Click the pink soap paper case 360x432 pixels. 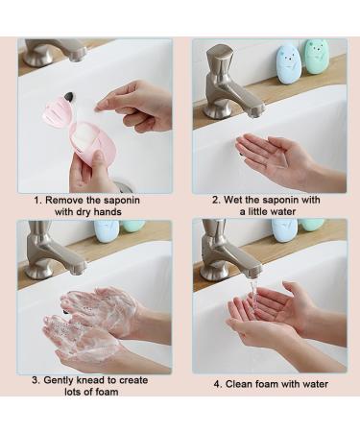[84, 128]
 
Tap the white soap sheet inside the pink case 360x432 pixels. [84, 136]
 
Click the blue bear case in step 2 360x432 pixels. [287, 64]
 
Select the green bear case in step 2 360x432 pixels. [316, 57]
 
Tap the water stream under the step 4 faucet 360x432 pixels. [253, 296]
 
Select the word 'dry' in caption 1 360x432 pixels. [85, 212]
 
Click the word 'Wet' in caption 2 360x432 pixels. [232, 200]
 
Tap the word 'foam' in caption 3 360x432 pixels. [107, 392]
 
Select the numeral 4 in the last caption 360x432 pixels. [217, 384]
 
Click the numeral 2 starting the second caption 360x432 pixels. [215, 200]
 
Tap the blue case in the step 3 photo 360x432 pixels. [107, 231]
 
